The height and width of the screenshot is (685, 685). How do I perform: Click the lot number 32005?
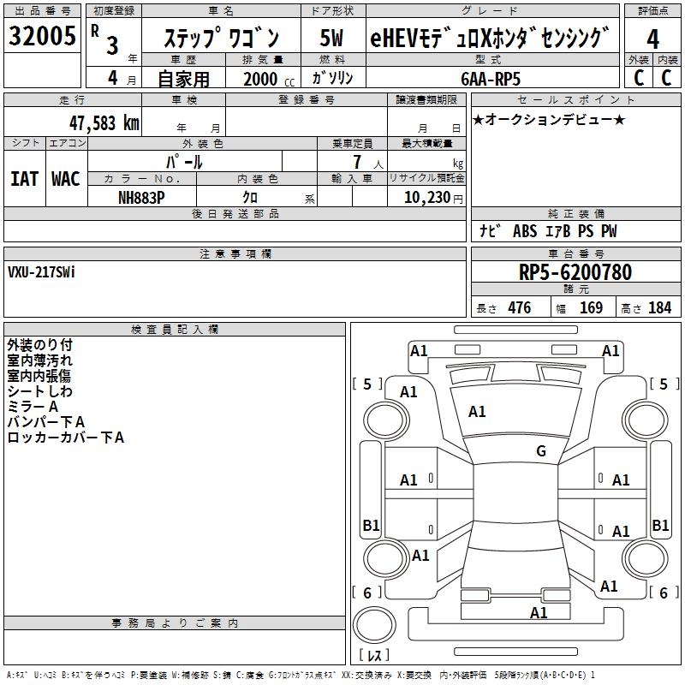click(42, 35)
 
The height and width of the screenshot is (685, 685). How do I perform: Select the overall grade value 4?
click(652, 39)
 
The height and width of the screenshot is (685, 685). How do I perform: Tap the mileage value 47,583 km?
click(104, 123)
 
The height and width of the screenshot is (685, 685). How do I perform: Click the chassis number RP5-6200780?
click(575, 272)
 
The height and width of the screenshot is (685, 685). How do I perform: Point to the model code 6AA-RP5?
click(491, 79)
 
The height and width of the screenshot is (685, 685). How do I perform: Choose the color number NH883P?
click(141, 198)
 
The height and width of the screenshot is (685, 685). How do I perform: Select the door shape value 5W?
click(331, 38)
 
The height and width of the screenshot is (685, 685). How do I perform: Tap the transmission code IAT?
click(24, 179)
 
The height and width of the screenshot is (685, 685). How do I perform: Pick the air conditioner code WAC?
click(66, 179)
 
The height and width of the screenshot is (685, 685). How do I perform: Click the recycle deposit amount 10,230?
click(426, 198)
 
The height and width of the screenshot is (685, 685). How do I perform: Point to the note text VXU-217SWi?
click(41, 272)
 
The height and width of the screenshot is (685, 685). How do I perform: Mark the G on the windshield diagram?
click(541, 450)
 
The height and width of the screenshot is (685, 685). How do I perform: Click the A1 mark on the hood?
click(477, 412)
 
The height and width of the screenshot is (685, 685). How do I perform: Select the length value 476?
click(520, 307)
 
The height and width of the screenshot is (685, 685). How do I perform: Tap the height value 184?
click(659, 307)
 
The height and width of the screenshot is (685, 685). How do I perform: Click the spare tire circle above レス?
click(374, 625)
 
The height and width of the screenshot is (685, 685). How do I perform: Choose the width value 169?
click(591, 307)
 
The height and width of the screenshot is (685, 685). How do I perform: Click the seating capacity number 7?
click(357, 162)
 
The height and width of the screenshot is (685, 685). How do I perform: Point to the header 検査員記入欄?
click(175, 330)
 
